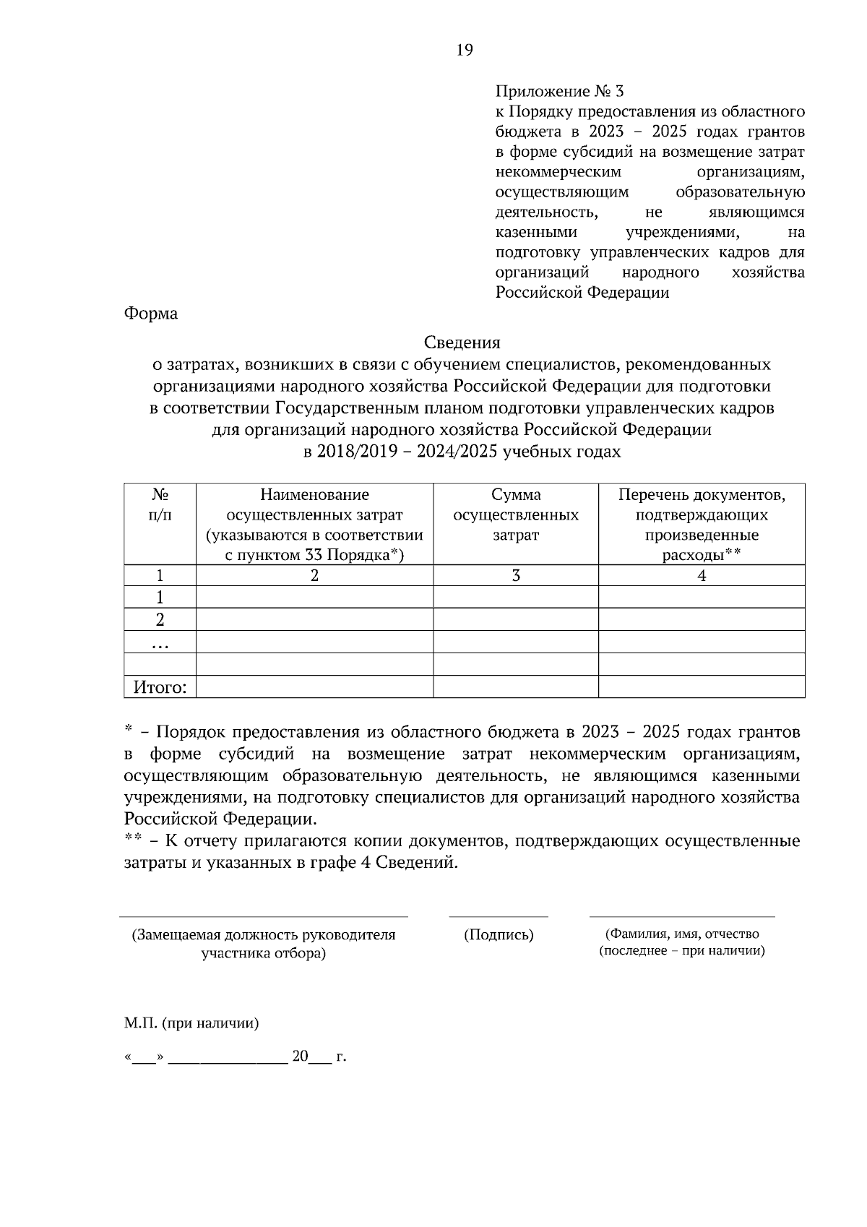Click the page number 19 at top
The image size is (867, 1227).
point(465,50)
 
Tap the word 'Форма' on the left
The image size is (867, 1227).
point(151,314)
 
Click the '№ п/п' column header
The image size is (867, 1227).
point(160,505)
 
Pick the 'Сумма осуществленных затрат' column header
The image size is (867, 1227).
point(515,515)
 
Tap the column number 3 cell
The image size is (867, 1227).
point(515,575)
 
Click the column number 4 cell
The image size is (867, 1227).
point(701,575)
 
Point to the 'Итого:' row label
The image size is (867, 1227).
point(160,687)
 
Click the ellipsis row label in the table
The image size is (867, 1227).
point(160,642)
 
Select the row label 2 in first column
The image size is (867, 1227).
point(160,620)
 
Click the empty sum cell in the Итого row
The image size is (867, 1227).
point(515,687)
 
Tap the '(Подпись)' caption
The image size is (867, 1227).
point(499,935)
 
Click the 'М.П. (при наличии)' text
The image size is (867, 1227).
point(191,1023)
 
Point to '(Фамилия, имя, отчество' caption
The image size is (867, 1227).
point(682,934)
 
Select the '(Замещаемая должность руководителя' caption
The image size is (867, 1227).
point(264,935)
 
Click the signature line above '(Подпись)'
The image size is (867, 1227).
point(499,916)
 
